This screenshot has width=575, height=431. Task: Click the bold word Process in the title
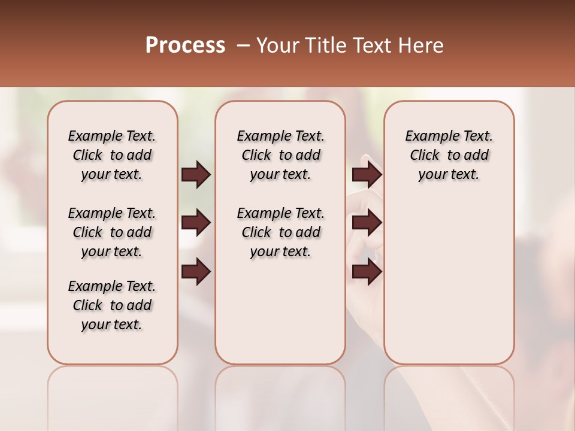[185, 45]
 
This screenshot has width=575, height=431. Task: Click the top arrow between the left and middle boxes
[196, 174]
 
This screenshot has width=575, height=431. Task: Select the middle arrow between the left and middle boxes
[196, 223]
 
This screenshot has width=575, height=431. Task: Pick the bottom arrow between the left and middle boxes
[196, 271]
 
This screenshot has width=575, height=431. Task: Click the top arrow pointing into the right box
[367, 174]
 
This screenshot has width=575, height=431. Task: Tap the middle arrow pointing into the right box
[367, 223]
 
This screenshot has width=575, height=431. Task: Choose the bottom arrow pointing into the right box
[367, 271]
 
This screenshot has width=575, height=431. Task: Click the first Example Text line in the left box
[112, 136]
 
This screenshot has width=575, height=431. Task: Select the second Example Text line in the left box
[112, 213]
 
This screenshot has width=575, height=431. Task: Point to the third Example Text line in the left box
[112, 286]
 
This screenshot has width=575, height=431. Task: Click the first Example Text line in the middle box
[281, 136]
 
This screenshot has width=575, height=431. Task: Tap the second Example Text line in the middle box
[281, 213]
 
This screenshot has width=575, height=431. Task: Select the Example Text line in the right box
[449, 136]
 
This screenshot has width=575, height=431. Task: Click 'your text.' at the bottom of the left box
[112, 324]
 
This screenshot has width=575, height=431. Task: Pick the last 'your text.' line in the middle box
[281, 251]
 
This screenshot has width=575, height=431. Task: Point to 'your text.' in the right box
[449, 174]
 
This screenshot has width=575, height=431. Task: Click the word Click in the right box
[425, 155]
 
